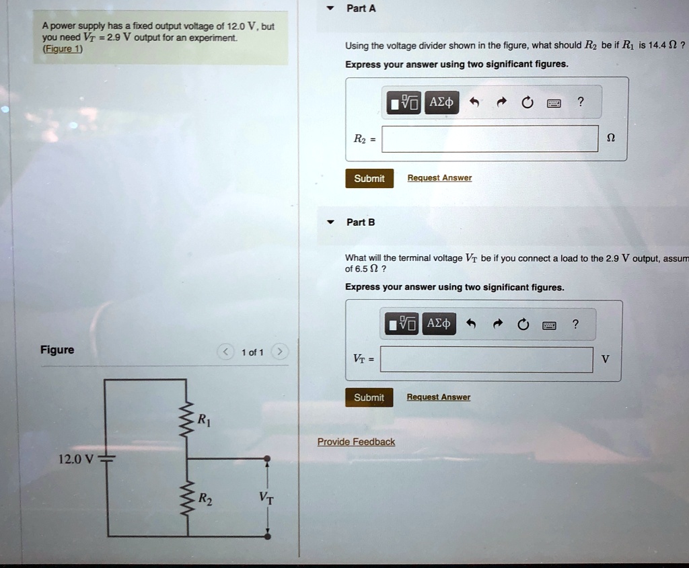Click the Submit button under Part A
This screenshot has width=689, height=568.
[369, 178]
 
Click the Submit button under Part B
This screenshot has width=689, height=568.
[369, 397]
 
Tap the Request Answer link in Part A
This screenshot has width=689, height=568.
[439, 178]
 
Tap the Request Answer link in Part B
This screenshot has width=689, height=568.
[439, 397]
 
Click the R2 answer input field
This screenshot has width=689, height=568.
[490, 138]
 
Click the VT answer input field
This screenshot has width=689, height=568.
[486, 360]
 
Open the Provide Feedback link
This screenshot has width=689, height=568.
[356, 442]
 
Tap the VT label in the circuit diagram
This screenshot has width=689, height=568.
[266, 498]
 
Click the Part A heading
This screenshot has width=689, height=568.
[361, 9]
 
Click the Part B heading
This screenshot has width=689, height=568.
[361, 222]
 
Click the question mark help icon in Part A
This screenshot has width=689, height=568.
[581, 102]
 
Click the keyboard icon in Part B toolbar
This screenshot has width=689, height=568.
[550, 325]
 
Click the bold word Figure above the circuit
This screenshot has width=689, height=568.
[57, 350]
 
